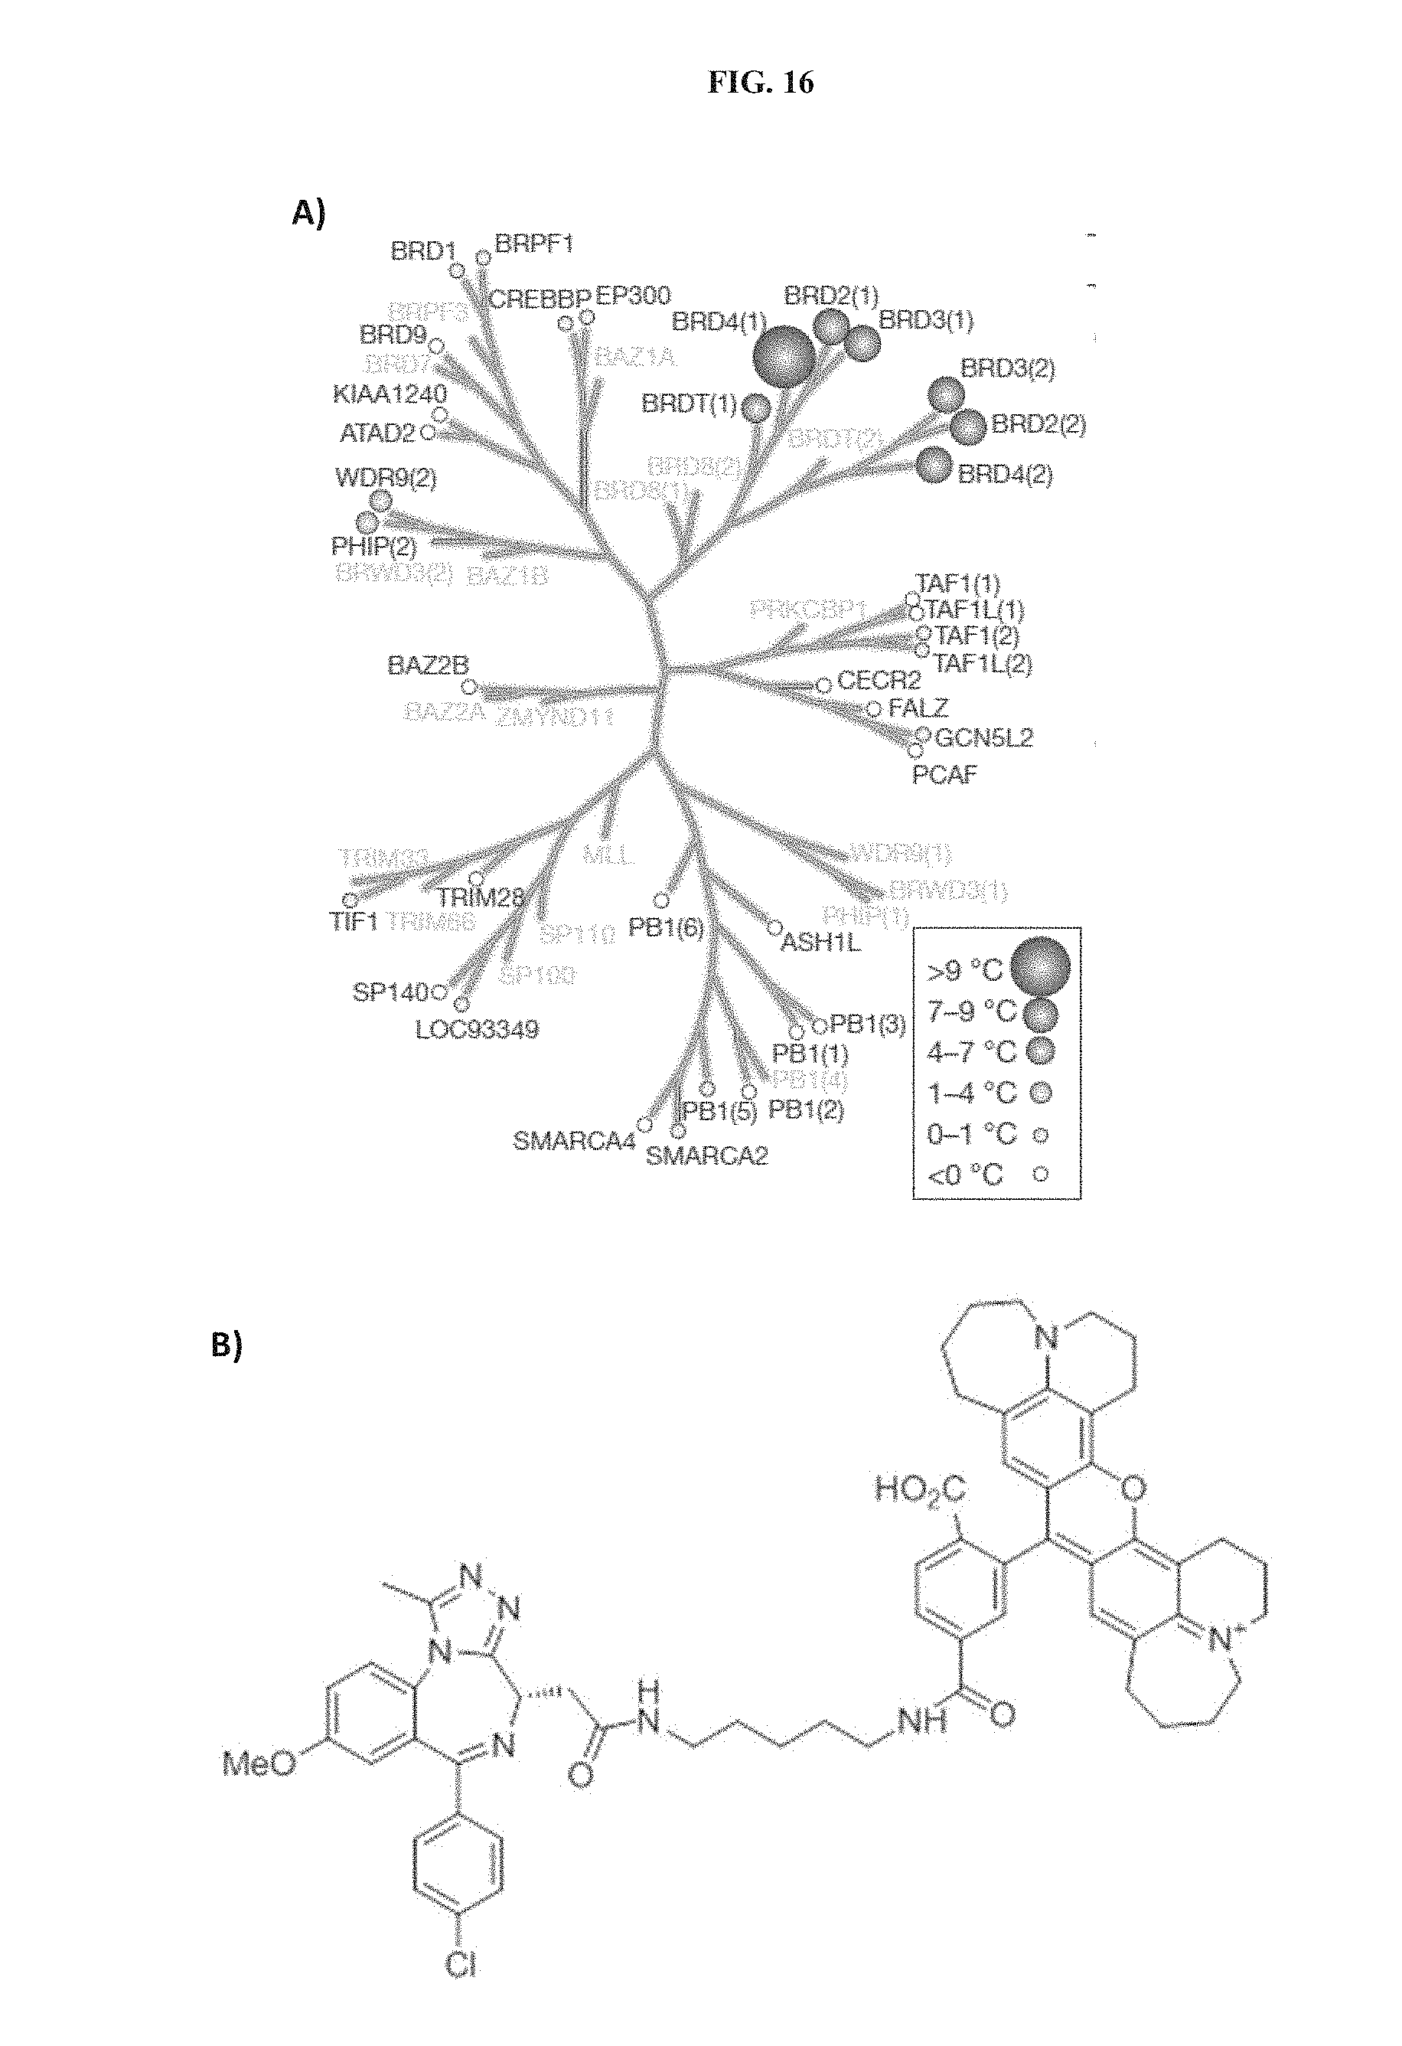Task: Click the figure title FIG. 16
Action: [761, 83]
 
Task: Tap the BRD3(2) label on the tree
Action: [1007, 368]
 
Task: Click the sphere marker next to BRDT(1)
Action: [756, 407]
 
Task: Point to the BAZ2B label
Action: [428, 665]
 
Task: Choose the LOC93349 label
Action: [477, 1029]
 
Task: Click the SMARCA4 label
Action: [574, 1142]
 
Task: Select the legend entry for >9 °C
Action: [964, 970]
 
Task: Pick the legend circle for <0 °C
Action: [1040, 1174]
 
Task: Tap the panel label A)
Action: [309, 213]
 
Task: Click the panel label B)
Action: [227, 1370]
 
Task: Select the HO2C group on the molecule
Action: [920, 1489]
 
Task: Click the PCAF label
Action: [944, 776]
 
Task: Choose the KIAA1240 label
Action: [389, 394]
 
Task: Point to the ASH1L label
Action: [821, 943]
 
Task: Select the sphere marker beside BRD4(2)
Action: [934, 465]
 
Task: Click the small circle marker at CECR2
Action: [823, 685]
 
